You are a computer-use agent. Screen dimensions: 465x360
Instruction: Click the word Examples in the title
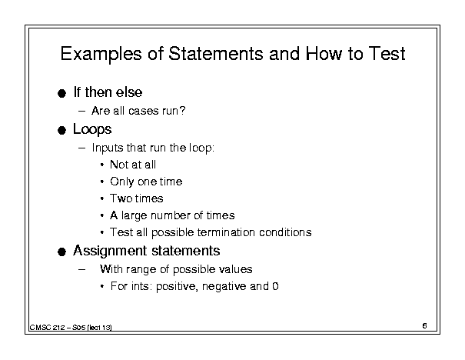coord(101,54)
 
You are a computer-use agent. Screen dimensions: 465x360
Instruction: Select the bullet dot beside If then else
coord(61,94)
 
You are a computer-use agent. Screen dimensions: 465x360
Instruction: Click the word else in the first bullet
coord(129,92)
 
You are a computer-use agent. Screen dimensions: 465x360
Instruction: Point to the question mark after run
coord(183,111)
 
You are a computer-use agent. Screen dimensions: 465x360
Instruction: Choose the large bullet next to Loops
coord(61,130)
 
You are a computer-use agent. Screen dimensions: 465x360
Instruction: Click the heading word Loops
coord(92,129)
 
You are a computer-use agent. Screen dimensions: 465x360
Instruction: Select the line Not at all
coord(133,165)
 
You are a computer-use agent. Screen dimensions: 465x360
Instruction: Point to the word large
coord(135,215)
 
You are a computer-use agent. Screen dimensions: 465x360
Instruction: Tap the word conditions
coord(285,232)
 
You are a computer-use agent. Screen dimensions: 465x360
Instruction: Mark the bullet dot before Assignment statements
coord(61,252)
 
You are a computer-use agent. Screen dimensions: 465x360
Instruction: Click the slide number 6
coord(425,326)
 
